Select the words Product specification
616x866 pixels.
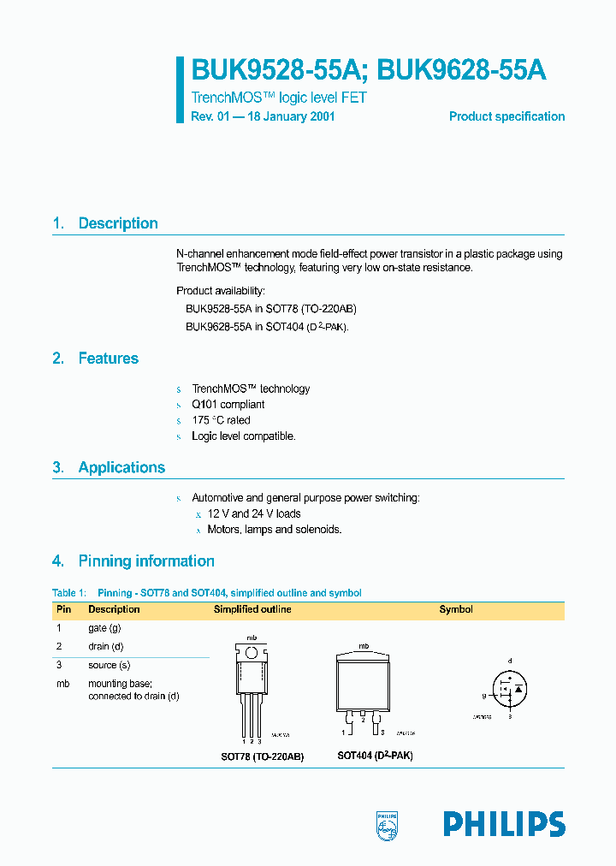coord(506,116)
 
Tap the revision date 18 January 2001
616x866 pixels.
coord(291,116)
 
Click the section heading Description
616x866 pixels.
coord(118,223)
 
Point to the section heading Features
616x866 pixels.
coord(108,359)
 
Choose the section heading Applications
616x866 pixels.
coord(121,467)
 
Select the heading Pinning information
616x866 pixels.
coord(146,561)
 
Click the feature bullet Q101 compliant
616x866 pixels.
coord(228,404)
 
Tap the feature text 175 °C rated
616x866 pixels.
coord(221,420)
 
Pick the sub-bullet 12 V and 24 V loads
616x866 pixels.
coord(254,513)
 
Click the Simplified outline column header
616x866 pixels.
coord(252,609)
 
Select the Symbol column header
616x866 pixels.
coord(456,609)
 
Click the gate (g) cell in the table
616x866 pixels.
coord(105,628)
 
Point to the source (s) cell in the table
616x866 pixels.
coord(109,665)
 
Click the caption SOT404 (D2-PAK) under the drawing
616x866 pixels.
coord(375,756)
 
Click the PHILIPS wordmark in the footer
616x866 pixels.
coord(504,824)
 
